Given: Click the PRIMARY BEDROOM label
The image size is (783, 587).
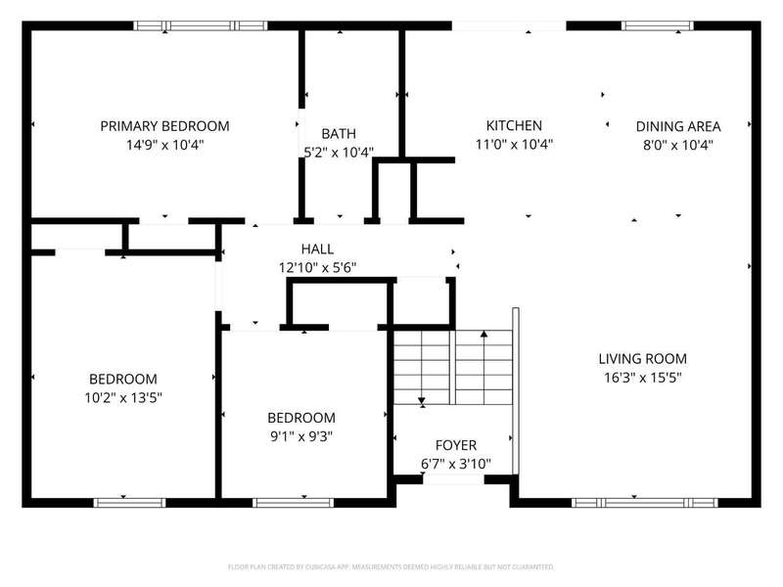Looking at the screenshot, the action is click(x=164, y=126).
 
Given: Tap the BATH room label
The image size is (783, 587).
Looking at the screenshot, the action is click(x=339, y=134).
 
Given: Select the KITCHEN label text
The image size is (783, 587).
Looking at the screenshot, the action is click(x=514, y=125).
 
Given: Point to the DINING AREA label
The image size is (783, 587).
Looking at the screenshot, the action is click(x=678, y=126).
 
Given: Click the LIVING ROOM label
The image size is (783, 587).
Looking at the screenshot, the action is click(x=643, y=358).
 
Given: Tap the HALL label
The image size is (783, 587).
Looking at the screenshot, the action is click(x=317, y=248).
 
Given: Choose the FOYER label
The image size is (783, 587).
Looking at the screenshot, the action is click(x=456, y=445).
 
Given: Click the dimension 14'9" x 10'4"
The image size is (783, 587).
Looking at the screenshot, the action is click(x=164, y=145).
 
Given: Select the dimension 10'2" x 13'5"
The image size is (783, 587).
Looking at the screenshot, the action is click(x=123, y=398).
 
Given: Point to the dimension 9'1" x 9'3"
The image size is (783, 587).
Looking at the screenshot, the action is click(x=301, y=436).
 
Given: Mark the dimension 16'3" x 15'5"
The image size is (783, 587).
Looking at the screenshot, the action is click(x=643, y=378).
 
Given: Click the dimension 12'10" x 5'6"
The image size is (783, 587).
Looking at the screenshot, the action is click(x=317, y=268).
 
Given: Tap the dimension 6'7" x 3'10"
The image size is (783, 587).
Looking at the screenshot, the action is click(x=456, y=464).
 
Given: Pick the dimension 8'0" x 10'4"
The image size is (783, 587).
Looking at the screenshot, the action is click(x=678, y=145).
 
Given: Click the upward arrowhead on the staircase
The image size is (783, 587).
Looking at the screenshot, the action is click(x=484, y=334).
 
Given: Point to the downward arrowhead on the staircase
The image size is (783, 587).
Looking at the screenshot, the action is click(x=422, y=401).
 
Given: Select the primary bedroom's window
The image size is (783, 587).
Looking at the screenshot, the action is click(x=201, y=25).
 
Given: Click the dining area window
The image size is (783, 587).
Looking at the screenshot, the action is click(x=657, y=25).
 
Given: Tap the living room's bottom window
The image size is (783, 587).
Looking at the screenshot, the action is click(x=645, y=503).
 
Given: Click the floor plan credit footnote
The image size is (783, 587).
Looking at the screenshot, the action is click(x=391, y=567).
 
